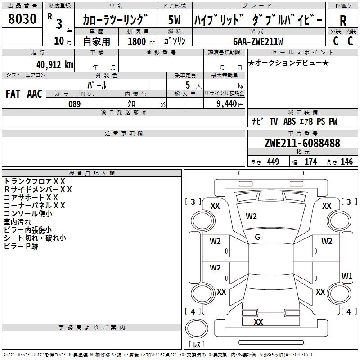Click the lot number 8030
pyautogui.click(x=22, y=19)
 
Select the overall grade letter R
pyautogui.click(x=343, y=21)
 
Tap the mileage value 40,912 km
pyautogui.click(x=55, y=65)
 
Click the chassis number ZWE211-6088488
pyautogui.click(x=302, y=143)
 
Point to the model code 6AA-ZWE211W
pyautogui.click(x=258, y=41)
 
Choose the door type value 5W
pyautogui.click(x=174, y=20)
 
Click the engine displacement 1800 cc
pyautogui.click(x=141, y=41)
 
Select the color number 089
pyautogui.click(x=75, y=104)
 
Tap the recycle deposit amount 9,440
pyautogui.click(x=227, y=104)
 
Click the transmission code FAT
pyautogui.click(x=13, y=94)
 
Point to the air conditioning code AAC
pyautogui.click(x=35, y=94)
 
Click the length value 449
pyautogui.click(x=273, y=162)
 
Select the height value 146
pyautogui.click(x=346, y=162)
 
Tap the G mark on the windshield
pyautogui.click(x=257, y=237)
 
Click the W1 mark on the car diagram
pyautogui.click(x=347, y=276)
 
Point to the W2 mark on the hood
pyautogui.click(x=251, y=216)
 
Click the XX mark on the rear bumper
pyautogui.click(x=258, y=322)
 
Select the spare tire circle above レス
pyautogui.click(x=197, y=328)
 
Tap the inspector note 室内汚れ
pyautogui.click(x=18, y=222)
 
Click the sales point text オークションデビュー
pyautogui.click(x=288, y=63)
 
